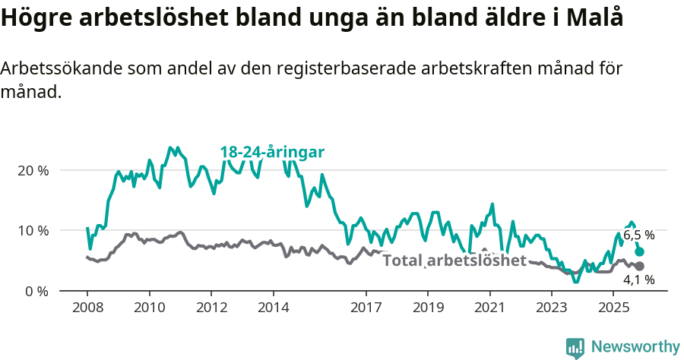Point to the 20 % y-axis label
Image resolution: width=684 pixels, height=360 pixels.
pos(32,170)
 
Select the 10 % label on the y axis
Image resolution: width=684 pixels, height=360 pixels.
pos(32,230)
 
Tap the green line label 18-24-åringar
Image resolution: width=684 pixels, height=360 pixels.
pos(272,152)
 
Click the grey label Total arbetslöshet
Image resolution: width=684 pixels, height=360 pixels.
pos(454,261)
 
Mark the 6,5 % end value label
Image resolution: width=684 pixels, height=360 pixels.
pos(638,235)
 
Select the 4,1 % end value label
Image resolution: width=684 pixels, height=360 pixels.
pos(638,279)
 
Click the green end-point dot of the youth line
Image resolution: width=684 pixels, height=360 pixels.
pos(640,251)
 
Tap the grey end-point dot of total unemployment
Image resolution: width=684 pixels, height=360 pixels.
pos(640,266)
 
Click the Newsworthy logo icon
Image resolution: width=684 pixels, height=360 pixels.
pos(575,347)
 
